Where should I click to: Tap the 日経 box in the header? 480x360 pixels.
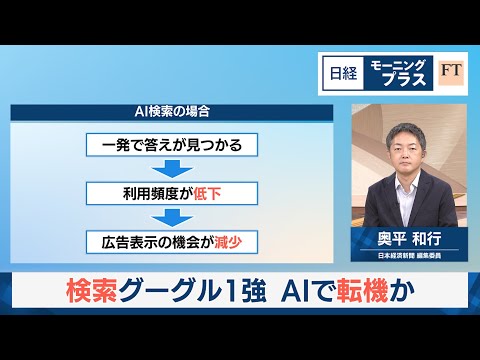click(334, 73)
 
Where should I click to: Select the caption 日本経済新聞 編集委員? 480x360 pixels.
click(402, 256)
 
